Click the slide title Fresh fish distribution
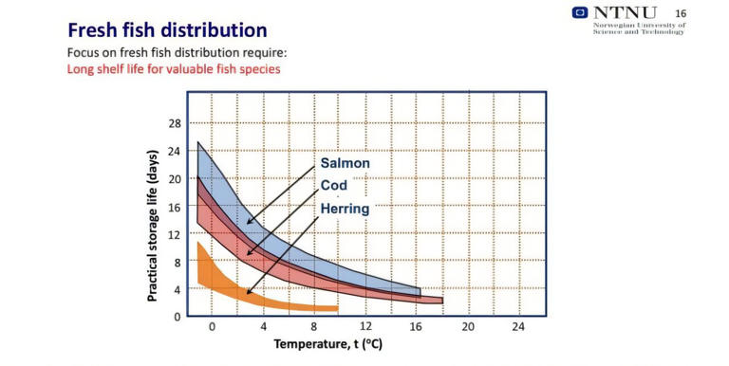pos(166,29)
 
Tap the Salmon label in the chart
pos(345,163)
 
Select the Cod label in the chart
pos(333,185)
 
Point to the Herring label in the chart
pos(344,208)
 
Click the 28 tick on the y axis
pos(175,123)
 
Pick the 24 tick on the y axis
pos(175,151)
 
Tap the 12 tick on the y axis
pos(175,233)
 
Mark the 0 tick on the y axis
pos(178,316)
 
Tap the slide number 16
pos(680,12)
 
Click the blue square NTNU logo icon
pos(580,12)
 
